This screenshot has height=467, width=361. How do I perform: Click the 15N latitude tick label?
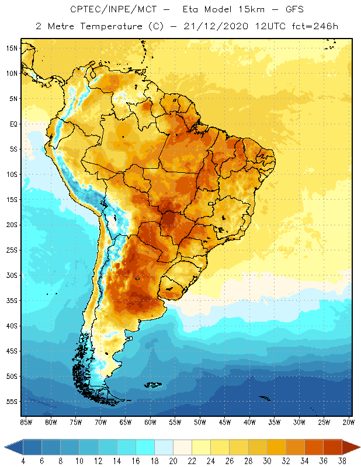coord(12,48)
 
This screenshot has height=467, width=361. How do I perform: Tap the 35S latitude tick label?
coord(12,301)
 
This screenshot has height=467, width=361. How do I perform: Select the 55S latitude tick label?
coord(12,402)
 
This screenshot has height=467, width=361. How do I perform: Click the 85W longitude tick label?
coord(26,422)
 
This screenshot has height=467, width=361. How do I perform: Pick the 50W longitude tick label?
coord(200,422)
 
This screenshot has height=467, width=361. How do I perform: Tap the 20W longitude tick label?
coord(349,422)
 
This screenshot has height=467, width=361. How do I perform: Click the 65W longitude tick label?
coord(125,422)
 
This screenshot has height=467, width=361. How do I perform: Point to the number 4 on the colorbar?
coord(23,462)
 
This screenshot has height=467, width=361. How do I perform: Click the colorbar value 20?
coord(173,462)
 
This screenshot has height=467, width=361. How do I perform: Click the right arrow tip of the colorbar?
coord(359,447)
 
